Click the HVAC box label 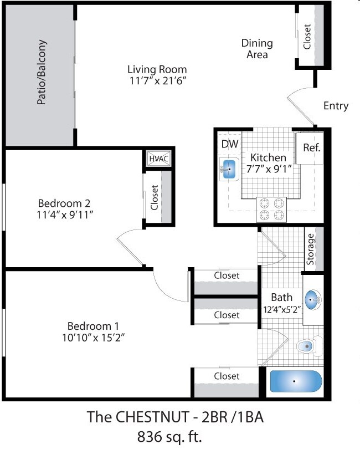(x=159, y=159)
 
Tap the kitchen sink (x=229, y=169)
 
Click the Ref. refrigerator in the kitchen (x=312, y=148)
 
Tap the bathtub (x=295, y=381)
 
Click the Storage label (x=311, y=249)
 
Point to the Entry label (x=336, y=106)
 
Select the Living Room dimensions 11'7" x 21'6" (x=157, y=81)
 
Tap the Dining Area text (x=257, y=49)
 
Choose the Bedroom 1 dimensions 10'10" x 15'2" (x=92, y=338)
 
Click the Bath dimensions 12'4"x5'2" (x=281, y=309)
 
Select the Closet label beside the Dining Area (x=307, y=35)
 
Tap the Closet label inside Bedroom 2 (x=155, y=198)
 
